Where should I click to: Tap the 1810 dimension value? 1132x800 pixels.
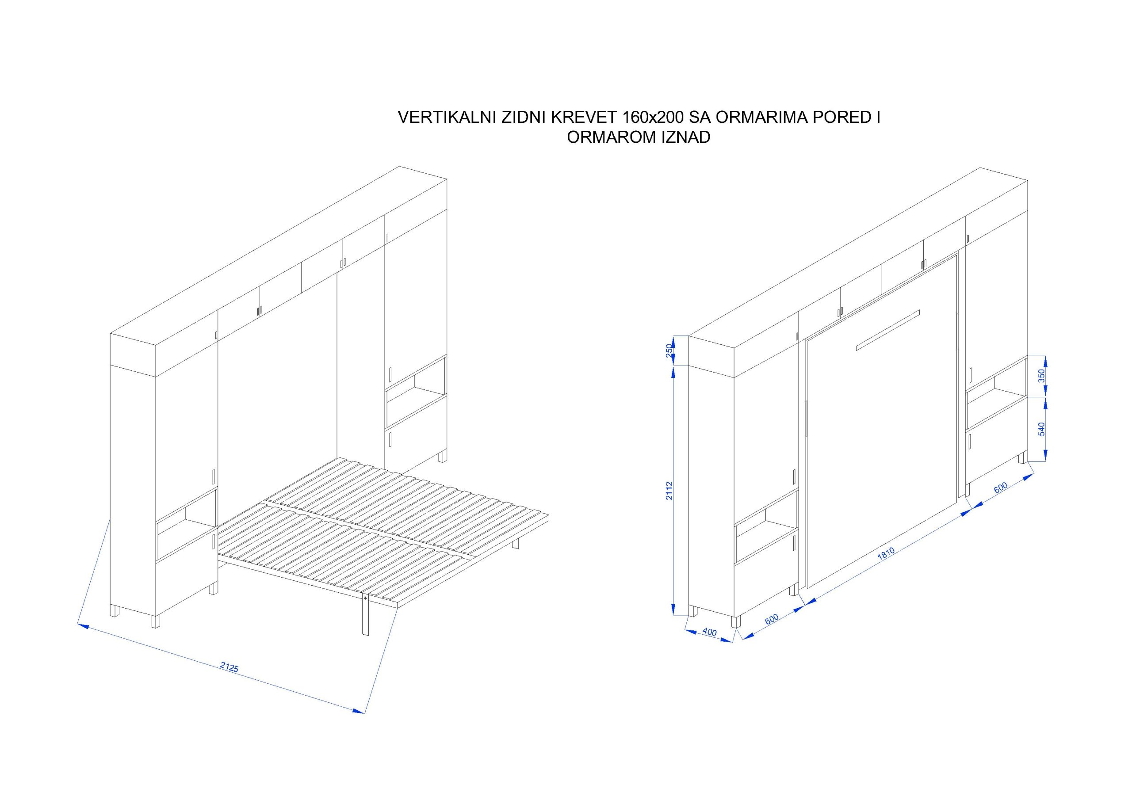tap(886, 555)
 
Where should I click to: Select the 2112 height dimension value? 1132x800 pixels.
tap(669, 491)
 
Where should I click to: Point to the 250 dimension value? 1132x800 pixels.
tap(669, 350)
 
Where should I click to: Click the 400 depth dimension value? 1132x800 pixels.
tap(709, 632)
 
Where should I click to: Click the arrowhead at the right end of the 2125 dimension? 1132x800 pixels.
tap(359, 710)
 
